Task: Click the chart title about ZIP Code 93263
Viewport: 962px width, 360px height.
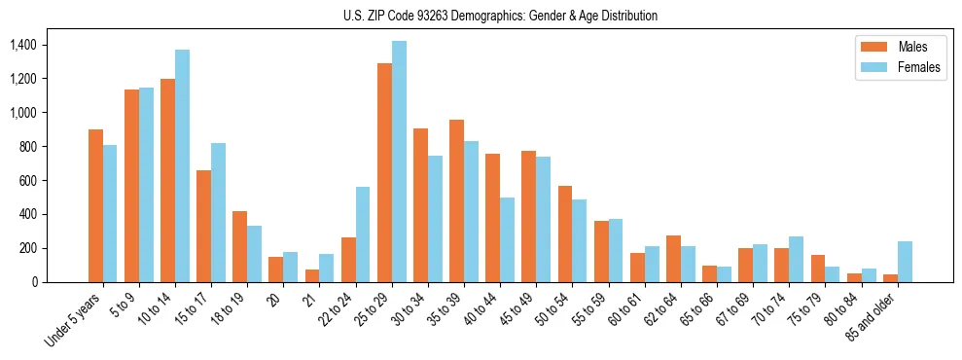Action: [x=500, y=16]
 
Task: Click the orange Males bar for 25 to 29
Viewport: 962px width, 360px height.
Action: [x=384, y=172]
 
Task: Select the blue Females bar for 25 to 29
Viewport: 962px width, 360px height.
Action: [x=399, y=162]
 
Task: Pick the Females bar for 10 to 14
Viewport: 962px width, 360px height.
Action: [x=182, y=165]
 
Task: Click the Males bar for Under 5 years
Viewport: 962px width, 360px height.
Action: [x=95, y=205]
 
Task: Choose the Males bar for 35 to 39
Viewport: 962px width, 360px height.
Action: [x=456, y=200]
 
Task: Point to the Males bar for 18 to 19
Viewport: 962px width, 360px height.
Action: [x=239, y=246]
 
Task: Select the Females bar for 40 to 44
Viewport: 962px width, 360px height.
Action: [x=507, y=239]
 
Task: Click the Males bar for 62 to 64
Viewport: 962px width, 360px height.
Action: [x=673, y=259]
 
